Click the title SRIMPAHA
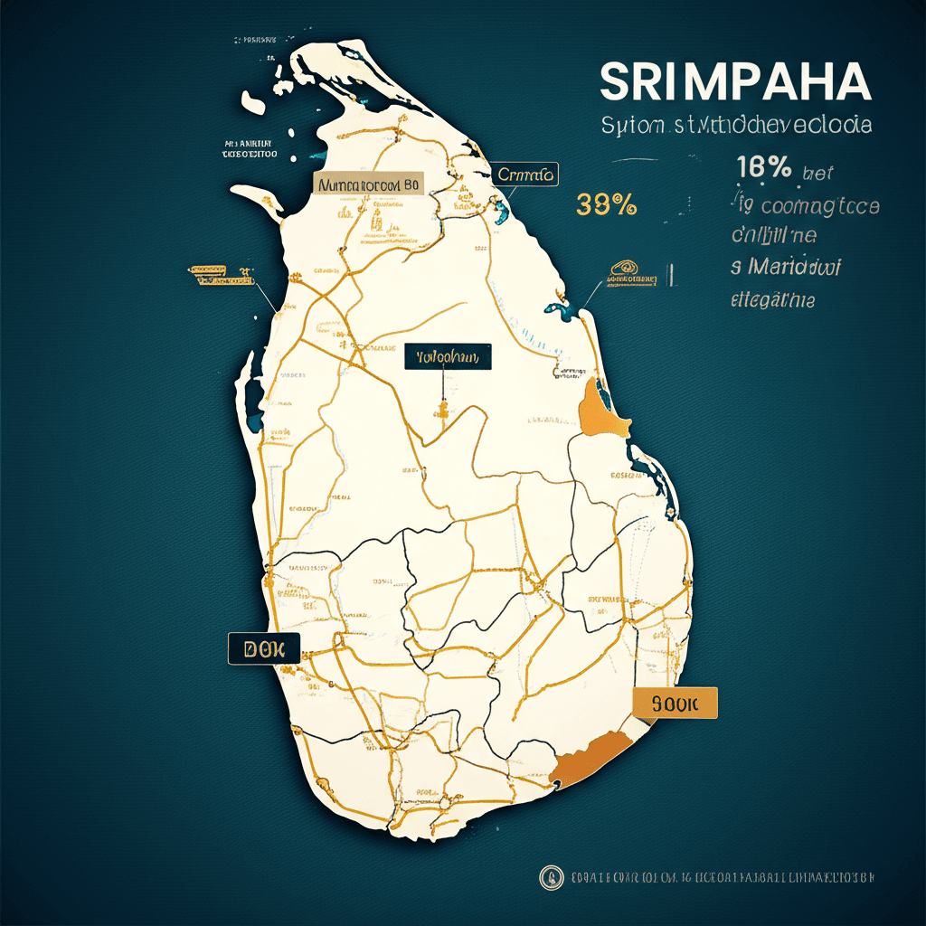click(735, 83)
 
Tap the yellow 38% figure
click(606, 205)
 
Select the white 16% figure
click(764, 167)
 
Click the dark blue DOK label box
click(263, 648)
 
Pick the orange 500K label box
click(675, 703)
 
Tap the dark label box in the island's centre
click(448, 357)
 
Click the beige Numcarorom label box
click(369, 184)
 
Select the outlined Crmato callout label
click(525, 174)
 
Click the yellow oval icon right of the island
click(623, 267)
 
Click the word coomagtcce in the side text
click(819, 205)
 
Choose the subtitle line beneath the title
click(736, 125)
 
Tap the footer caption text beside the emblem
click(723, 877)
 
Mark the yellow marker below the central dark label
click(443, 412)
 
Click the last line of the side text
click(771, 298)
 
